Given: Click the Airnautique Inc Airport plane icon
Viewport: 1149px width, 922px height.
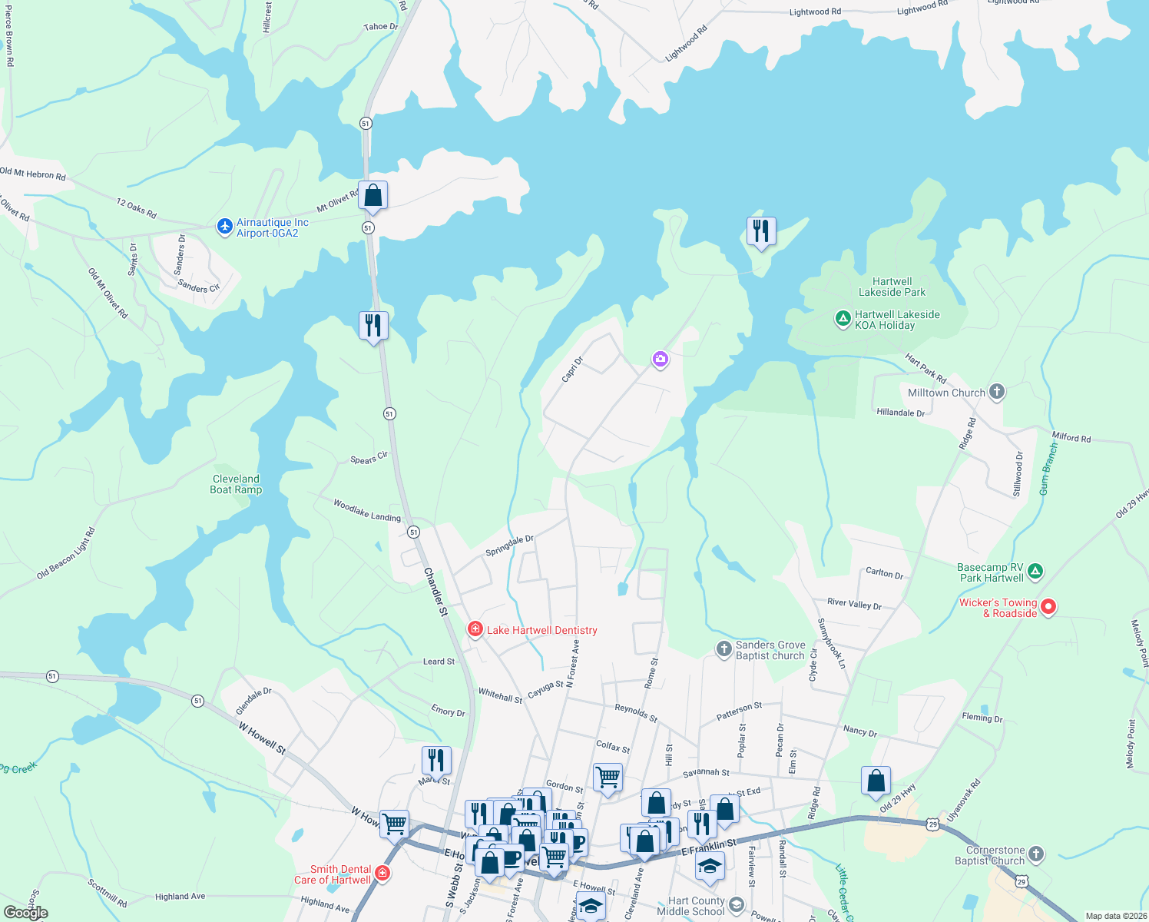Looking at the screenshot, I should click(224, 226).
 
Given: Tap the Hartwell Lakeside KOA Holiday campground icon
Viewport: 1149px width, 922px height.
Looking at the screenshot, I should click(843, 318).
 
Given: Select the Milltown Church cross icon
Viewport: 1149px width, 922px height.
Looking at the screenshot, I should click(996, 392).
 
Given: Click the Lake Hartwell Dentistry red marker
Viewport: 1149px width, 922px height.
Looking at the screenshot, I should click(475, 630).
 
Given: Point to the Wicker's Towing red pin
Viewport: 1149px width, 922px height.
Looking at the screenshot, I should click(1048, 607).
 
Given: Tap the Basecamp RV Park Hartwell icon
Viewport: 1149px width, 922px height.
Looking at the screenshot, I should click(1035, 571).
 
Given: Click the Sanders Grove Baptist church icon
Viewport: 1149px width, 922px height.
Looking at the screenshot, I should click(724, 649).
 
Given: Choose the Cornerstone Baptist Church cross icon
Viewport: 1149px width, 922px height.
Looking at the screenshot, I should click(1035, 854).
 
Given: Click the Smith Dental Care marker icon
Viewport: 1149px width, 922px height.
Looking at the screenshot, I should click(382, 874).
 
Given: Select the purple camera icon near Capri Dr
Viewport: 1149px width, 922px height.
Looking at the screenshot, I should click(660, 359).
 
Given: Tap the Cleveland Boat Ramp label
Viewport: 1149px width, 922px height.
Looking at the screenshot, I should click(236, 484).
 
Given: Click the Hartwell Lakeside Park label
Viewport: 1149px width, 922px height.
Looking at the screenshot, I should click(892, 287).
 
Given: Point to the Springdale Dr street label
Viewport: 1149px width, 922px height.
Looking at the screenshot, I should click(509, 546).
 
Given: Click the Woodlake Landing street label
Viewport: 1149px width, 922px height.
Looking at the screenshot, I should click(367, 510).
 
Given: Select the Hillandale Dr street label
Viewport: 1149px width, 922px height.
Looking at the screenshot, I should click(901, 413).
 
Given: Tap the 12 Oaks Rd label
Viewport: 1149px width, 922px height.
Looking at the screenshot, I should click(137, 207).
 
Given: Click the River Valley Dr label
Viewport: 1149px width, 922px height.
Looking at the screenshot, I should click(854, 604).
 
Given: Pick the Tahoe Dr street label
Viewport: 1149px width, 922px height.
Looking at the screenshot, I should click(381, 27).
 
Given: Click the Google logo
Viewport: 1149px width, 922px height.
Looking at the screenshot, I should click(26, 913).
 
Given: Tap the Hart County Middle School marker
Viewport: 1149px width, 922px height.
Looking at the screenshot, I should click(736, 904).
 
